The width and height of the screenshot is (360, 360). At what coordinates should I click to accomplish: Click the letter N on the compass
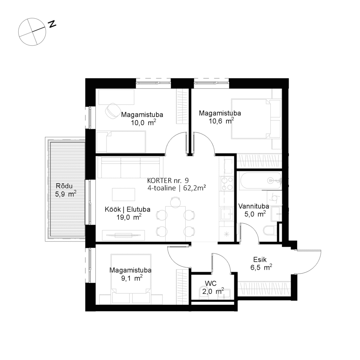(x=53, y=24)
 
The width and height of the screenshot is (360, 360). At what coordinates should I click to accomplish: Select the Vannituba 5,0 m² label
(x=254, y=210)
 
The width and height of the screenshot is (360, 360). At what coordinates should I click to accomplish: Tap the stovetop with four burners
(x=226, y=183)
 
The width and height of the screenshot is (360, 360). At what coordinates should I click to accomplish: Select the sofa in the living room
(x=130, y=167)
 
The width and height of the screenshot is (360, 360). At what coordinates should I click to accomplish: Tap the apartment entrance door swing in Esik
(x=309, y=262)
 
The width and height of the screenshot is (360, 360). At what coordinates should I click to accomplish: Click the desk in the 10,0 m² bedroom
(x=116, y=97)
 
